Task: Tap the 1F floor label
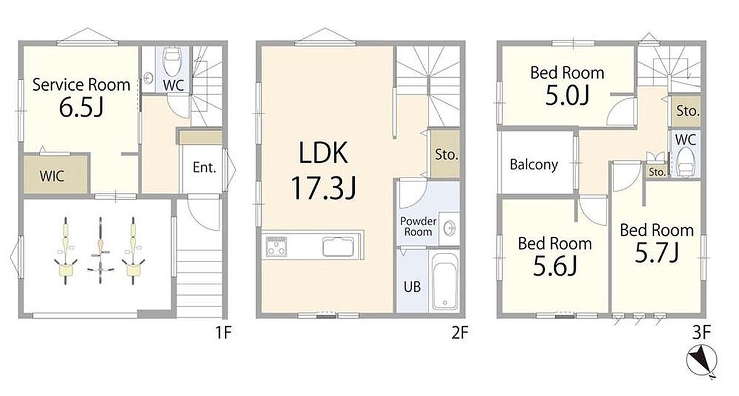click(224, 332)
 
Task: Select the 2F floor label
click(459, 332)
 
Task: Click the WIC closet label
click(52, 176)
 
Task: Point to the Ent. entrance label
click(204, 168)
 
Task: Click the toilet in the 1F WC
click(172, 62)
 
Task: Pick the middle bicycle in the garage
click(100, 250)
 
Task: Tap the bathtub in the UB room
click(445, 281)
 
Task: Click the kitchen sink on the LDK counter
click(338, 247)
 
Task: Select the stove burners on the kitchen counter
click(277, 246)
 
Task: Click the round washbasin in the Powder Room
click(449, 228)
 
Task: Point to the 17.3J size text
click(323, 188)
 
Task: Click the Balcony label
click(534, 165)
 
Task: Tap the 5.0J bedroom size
click(567, 95)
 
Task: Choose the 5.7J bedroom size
click(657, 253)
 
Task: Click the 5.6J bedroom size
click(555, 266)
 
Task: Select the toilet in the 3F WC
click(685, 162)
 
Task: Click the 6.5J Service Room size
click(81, 107)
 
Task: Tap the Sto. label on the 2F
click(446, 154)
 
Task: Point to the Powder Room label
click(418, 226)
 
